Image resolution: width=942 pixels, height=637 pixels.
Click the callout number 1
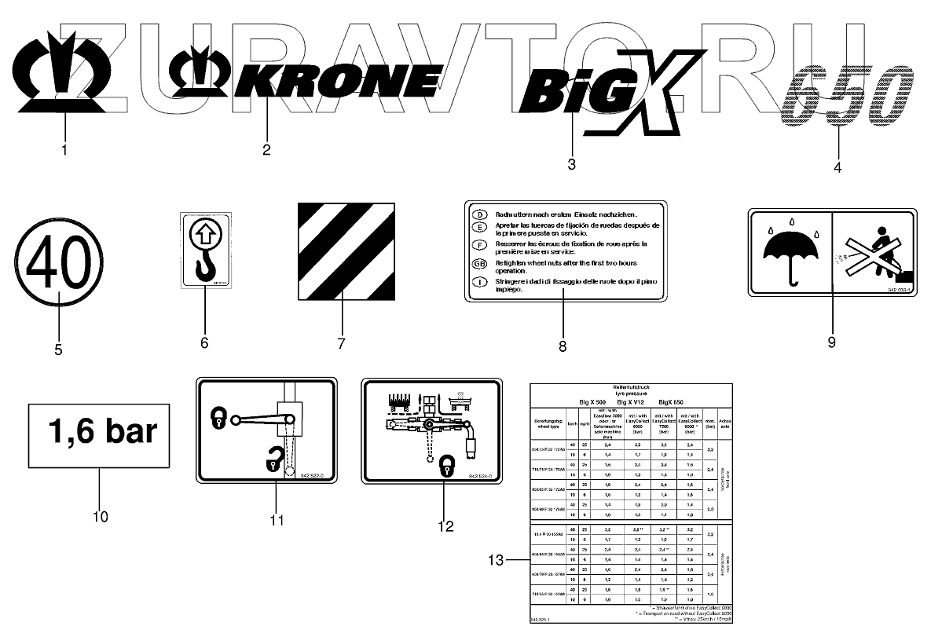[x=64, y=148]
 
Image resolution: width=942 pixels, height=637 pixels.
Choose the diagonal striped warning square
[x=343, y=251]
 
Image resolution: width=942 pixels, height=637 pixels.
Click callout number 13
[x=494, y=560]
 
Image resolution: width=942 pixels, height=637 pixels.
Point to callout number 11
[x=276, y=520]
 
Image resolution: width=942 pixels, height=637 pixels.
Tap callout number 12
[x=445, y=526]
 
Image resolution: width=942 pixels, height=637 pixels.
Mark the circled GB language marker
[x=478, y=264]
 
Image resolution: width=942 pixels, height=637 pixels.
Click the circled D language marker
[x=478, y=214]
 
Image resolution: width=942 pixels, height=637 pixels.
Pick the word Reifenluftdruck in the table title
[x=631, y=387]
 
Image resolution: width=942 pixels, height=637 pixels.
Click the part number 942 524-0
[x=481, y=477]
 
